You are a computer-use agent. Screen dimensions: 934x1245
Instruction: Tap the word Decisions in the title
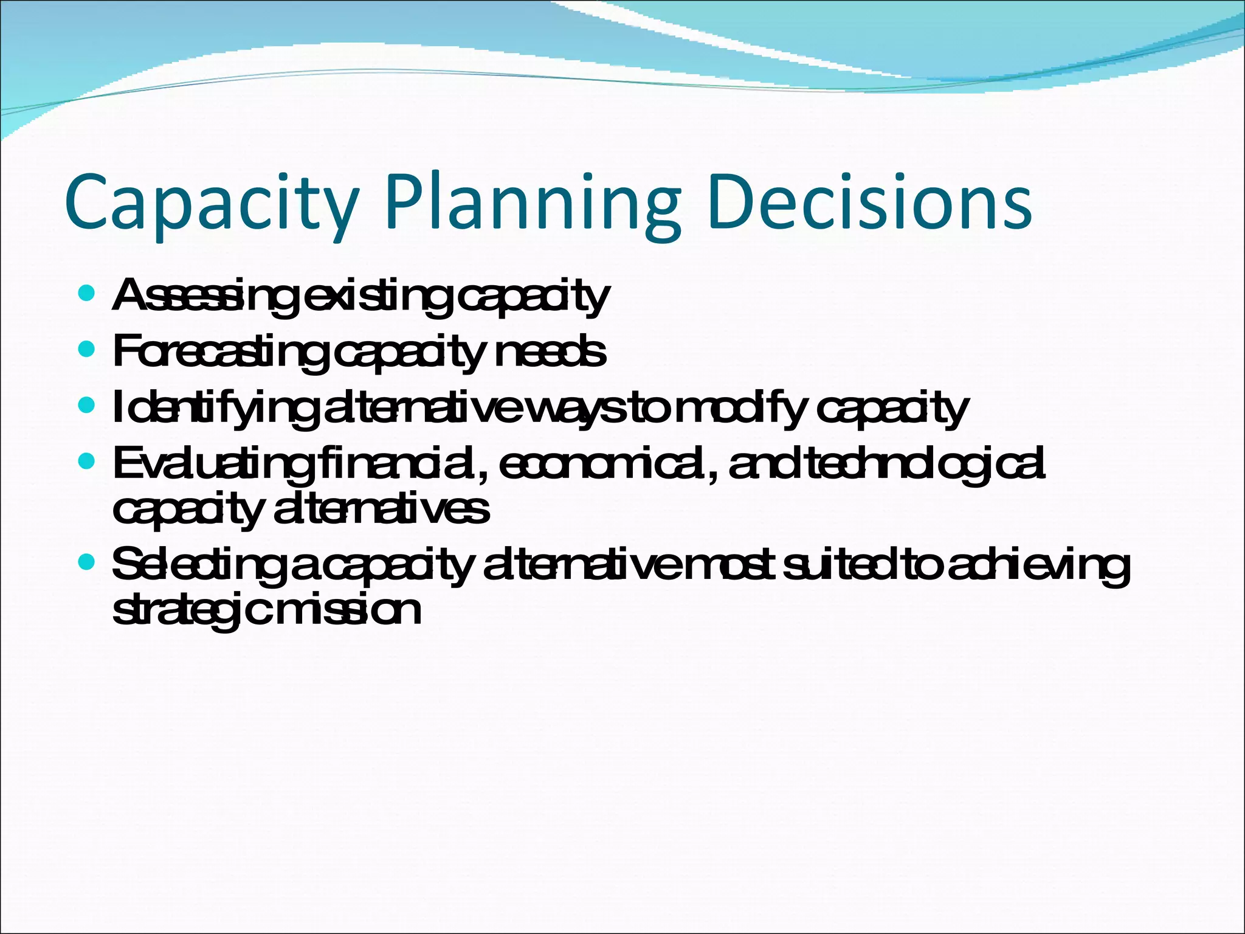(x=869, y=202)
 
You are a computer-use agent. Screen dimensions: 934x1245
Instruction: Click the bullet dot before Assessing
(x=87, y=294)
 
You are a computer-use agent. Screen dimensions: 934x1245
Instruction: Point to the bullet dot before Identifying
(x=87, y=405)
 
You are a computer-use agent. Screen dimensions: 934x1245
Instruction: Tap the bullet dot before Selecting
(x=87, y=564)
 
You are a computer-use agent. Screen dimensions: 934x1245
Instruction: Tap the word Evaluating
(x=213, y=464)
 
